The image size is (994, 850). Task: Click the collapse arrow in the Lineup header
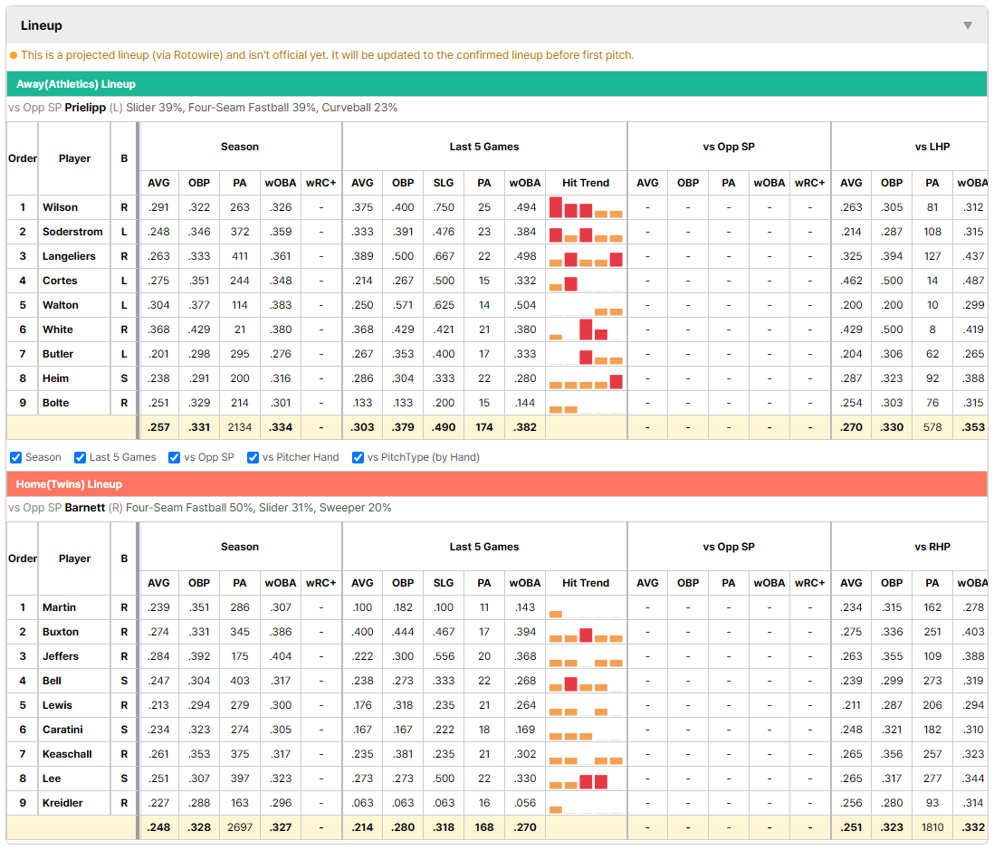[968, 25]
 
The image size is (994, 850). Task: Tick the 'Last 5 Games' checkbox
[80, 458]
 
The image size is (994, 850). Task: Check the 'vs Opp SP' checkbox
[175, 458]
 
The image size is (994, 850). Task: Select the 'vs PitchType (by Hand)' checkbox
[358, 458]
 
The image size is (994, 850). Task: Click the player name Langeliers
[69, 256]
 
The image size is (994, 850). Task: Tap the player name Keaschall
[67, 754]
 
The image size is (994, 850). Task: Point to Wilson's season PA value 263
[240, 207]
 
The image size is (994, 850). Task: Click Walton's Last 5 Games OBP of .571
[403, 305]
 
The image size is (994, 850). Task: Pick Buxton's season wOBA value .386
[281, 632]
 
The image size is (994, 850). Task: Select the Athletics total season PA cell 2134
[240, 427]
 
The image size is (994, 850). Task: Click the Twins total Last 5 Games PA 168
[484, 827]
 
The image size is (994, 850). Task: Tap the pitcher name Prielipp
[85, 108]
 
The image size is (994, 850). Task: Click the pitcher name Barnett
[85, 508]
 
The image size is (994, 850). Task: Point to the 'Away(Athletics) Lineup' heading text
[76, 84]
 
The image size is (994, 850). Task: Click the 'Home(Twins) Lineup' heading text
[69, 484]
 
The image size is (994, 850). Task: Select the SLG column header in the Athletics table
[444, 183]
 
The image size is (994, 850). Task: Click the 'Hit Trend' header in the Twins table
[586, 583]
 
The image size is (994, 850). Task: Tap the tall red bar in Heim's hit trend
[616, 382]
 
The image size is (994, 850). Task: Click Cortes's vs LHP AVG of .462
[851, 281]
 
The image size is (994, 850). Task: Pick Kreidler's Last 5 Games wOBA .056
[526, 803]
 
